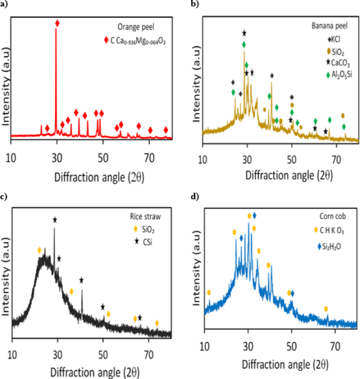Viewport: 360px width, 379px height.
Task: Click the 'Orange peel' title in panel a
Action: coord(136,27)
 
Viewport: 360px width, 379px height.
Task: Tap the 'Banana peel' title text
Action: coord(330,26)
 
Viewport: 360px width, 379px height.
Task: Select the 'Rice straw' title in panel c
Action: coord(146,216)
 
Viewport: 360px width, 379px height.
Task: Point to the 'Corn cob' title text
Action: coord(333,216)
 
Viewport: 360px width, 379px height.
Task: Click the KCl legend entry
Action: coord(334,39)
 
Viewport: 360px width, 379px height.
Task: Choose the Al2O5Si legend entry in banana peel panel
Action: coord(339,75)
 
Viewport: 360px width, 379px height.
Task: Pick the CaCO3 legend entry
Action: coord(338,62)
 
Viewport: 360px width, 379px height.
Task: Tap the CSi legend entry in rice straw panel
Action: coord(143,241)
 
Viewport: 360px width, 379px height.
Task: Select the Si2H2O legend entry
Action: coord(330,247)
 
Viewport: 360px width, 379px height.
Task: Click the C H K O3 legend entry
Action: coord(329,230)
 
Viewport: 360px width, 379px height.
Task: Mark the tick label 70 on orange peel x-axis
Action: coord(149,158)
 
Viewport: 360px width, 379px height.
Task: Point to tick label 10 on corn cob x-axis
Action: coord(204,346)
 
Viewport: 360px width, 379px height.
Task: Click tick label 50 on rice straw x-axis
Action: coord(103,354)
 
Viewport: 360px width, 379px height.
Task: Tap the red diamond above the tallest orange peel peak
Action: coord(57,24)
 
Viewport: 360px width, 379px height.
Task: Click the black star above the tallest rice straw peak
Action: coord(55,220)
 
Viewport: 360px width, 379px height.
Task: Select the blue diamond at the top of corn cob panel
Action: coord(254,215)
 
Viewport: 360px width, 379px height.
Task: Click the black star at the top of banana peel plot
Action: coord(244,33)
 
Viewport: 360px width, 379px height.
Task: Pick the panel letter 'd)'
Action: coord(195,196)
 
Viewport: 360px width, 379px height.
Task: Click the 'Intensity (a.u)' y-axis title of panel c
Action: coord(6,276)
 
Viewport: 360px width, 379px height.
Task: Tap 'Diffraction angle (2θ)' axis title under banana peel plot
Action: coord(289,175)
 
